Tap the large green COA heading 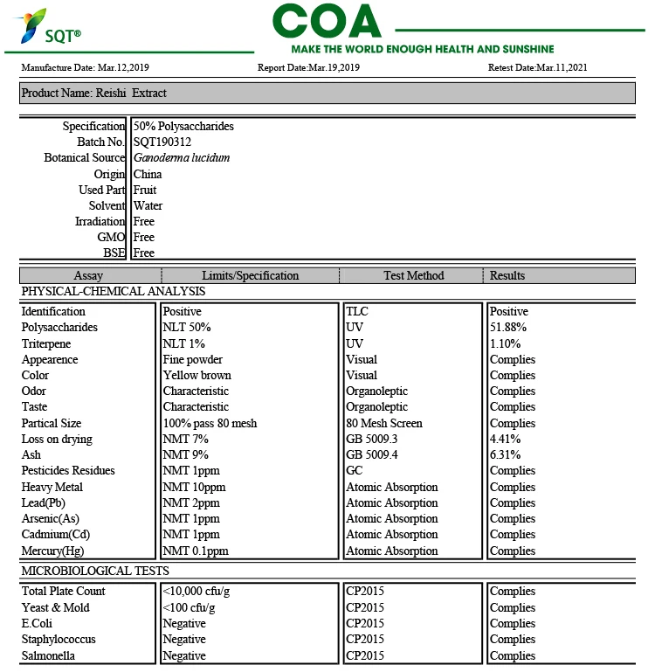(x=327, y=21)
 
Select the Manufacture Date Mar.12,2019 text (x=85, y=67)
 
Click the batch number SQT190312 (x=162, y=142)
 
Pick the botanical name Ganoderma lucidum (x=182, y=158)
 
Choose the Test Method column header (x=413, y=275)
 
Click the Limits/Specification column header (x=250, y=275)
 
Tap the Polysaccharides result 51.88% (x=508, y=328)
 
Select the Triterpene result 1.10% (x=506, y=343)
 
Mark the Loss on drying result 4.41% (x=506, y=439)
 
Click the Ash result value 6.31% (x=506, y=454)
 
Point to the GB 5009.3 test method (x=371, y=439)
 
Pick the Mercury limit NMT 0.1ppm (x=196, y=551)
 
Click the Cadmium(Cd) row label (x=56, y=534)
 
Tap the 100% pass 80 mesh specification (x=210, y=423)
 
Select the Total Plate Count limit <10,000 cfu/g (x=196, y=591)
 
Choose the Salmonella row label (x=48, y=655)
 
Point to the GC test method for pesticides (x=355, y=470)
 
